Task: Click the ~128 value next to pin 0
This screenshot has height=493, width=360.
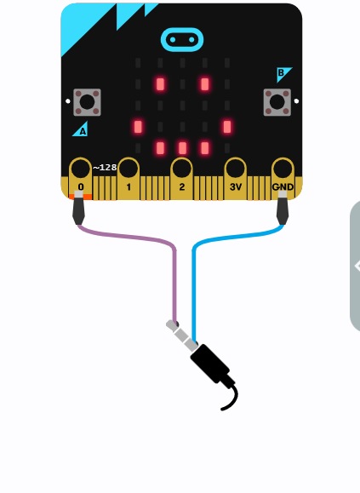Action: pos(105,168)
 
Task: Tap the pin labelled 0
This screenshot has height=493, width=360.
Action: pos(80,179)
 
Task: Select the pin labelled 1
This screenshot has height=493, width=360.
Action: pos(129,179)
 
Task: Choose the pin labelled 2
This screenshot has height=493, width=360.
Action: pos(181,179)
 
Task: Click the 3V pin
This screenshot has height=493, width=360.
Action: pos(235,179)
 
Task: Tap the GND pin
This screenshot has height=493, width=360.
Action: pos(283,179)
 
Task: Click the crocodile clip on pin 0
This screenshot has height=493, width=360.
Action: pos(78,208)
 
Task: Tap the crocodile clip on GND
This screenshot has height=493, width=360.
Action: pos(283,208)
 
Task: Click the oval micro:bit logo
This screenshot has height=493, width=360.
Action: pos(182,40)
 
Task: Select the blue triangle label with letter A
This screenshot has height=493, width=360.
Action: pos(81,129)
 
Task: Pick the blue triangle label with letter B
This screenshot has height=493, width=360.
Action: pos(283,74)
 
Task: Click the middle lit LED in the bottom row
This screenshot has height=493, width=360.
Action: pos(182,148)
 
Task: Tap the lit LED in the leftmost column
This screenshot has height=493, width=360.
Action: pos(138,127)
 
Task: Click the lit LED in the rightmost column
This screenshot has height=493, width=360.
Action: pos(227,127)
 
